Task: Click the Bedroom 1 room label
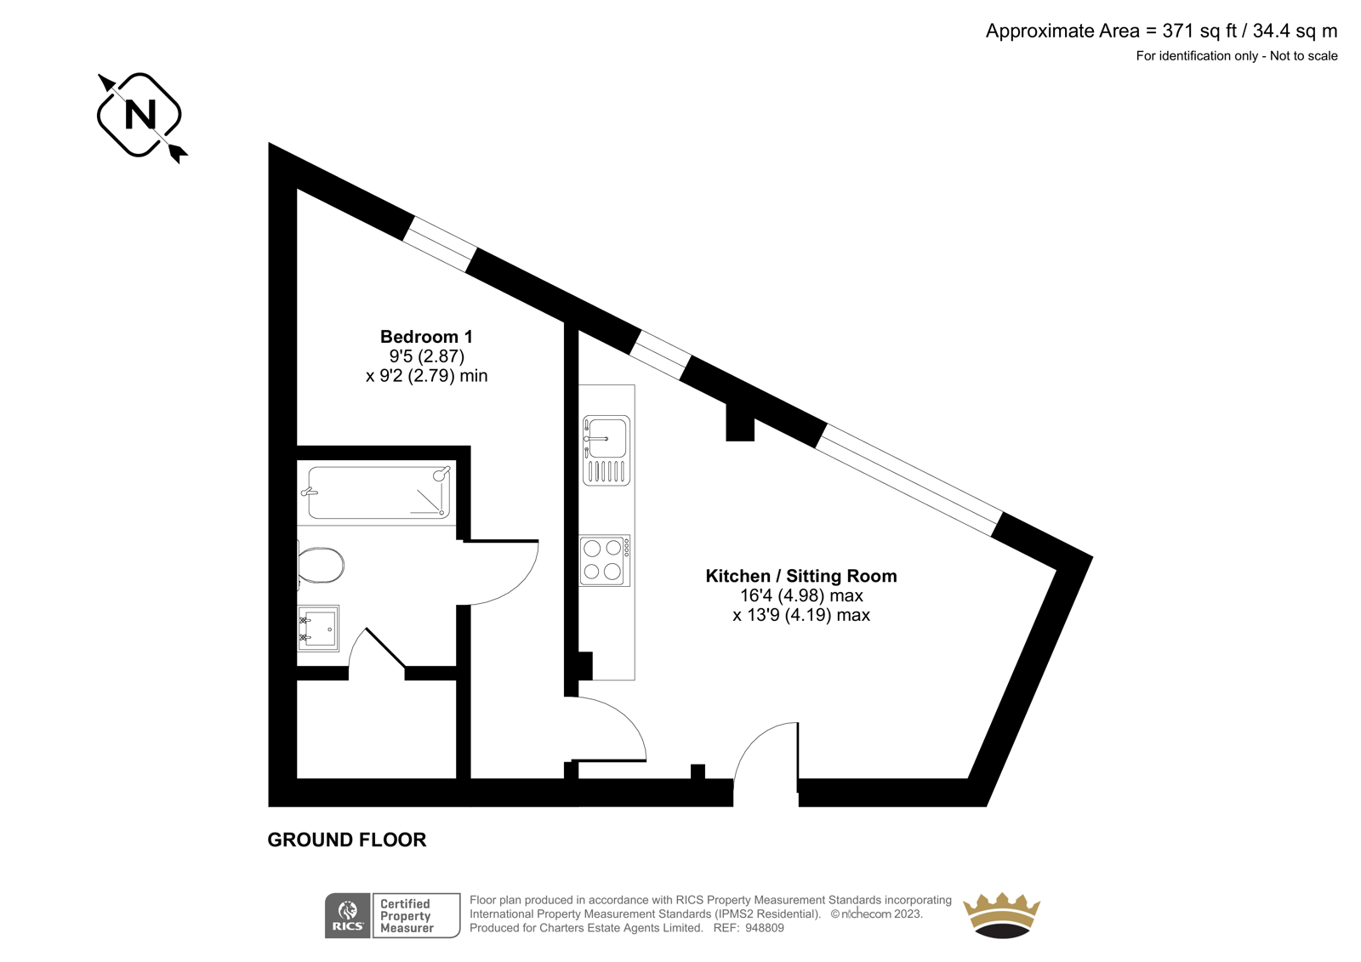[426, 337]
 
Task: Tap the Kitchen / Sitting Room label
[800, 576]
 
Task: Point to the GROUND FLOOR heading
[347, 840]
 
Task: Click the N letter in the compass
[140, 114]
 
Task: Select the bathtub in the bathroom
[379, 492]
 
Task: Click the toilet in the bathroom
[321, 565]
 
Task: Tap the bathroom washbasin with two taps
[318, 628]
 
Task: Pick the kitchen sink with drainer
[606, 450]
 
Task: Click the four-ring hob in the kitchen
[605, 561]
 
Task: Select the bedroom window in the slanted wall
[440, 244]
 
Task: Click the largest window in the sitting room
[908, 480]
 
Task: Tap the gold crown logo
[1002, 915]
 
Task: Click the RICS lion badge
[348, 915]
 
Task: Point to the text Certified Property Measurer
[407, 916]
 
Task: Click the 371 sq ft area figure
[1199, 31]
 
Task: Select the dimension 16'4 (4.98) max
[800, 595]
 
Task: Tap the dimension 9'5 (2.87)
[426, 356]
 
